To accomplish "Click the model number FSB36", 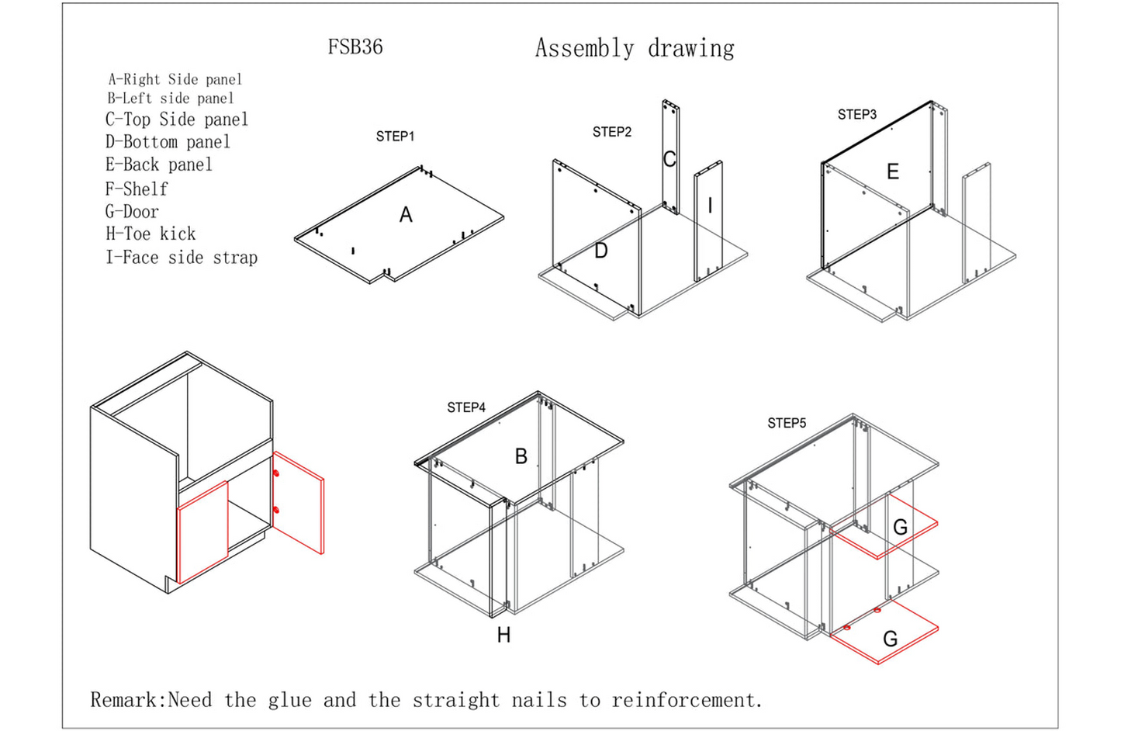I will tap(355, 47).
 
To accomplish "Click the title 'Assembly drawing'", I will tap(635, 48).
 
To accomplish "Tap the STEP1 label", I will tap(395, 137).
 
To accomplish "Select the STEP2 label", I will tap(611, 132).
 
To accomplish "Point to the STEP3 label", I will tap(856, 115).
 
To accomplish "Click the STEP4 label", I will tap(465, 407).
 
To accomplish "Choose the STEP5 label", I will tap(787, 423).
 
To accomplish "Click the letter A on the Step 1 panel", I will tap(406, 215).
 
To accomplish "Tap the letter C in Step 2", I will tap(669, 159).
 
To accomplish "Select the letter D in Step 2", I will tap(600, 251).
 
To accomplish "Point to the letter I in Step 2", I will tap(710, 206).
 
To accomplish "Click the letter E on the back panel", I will tap(893, 171).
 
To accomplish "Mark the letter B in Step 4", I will tap(521, 456).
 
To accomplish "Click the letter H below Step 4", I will tap(503, 635).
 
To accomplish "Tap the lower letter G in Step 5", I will tap(891, 639).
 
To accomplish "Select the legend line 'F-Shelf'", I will tap(137, 189).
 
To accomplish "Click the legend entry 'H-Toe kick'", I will tap(151, 234).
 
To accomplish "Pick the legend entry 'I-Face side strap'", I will tap(182, 258).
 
